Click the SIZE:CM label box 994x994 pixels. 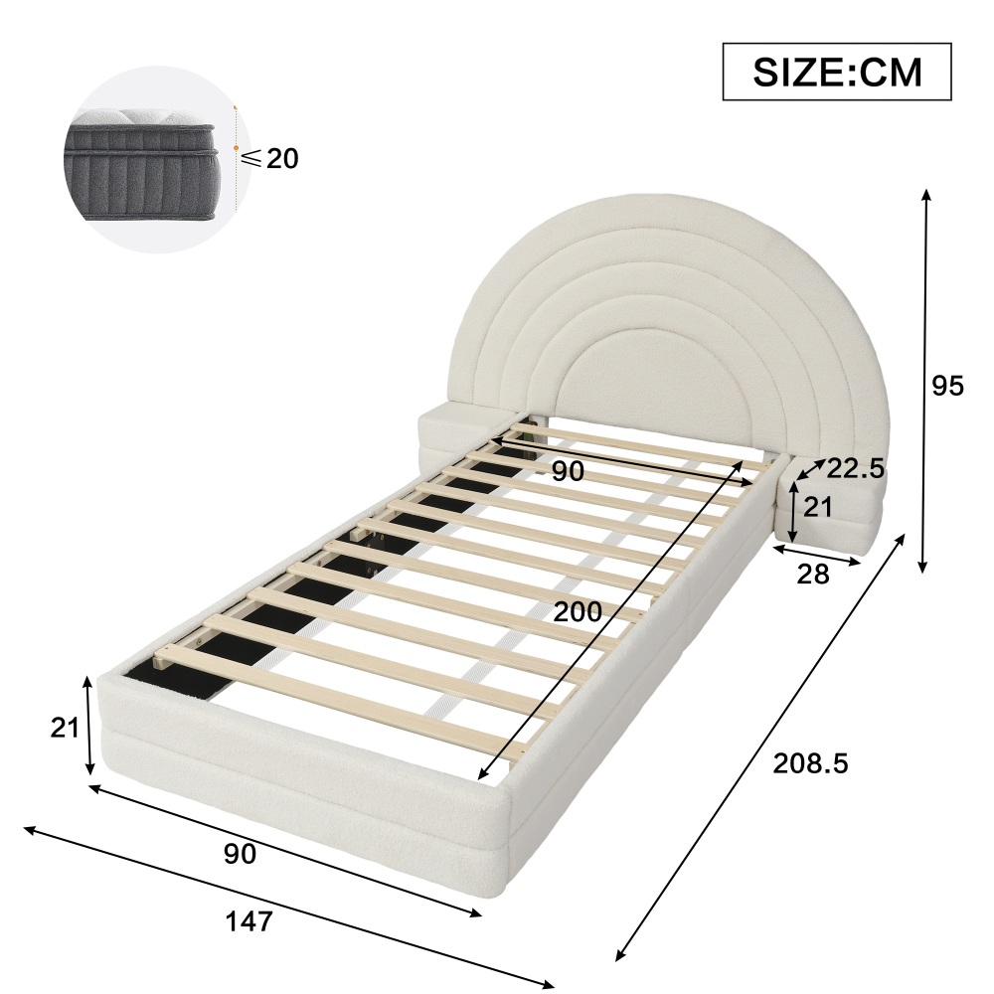(x=837, y=72)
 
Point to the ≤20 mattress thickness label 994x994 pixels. (x=269, y=158)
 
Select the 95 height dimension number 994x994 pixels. (x=947, y=386)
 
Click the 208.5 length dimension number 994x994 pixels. (x=810, y=763)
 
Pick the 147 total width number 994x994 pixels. (x=249, y=921)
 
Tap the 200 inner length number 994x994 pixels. (x=578, y=611)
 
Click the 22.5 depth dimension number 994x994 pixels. (x=855, y=468)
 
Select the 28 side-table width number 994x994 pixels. (x=813, y=575)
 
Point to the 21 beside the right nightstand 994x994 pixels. (x=818, y=507)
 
